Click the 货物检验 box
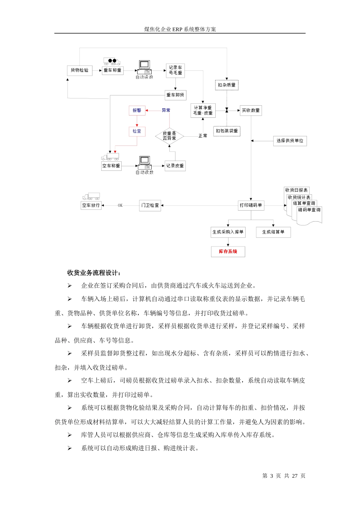pyautogui.click(x=80, y=70)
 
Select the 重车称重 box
pyautogui.click(x=113, y=70)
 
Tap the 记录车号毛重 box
pyautogui.click(x=175, y=70)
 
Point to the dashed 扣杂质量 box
pyautogui.click(x=227, y=85)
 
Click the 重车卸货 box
pyautogui.click(x=175, y=95)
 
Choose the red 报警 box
pyautogui.click(x=137, y=111)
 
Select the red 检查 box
pyautogui.click(x=137, y=131)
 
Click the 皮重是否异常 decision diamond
pyautogui.click(x=169, y=136)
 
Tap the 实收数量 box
pyautogui.click(x=251, y=111)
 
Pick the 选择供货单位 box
pyautogui.click(x=290, y=141)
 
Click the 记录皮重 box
pyautogui.click(x=175, y=166)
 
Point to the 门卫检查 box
pyautogui.click(x=150, y=206)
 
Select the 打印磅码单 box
pyautogui.click(x=251, y=206)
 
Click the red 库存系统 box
pyautogui.click(x=228, y=252)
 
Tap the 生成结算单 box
pyautogui.click(x=273, y=232)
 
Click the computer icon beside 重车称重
pyautogui.click(x=144, y=67)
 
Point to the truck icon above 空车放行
pyautogui.click(x=91, y=197)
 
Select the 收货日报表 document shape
pyautogui.click(x=296, y=190)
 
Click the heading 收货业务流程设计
pyautogui.click(x=94, y=273)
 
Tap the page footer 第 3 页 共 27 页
pyautogui.click(x=283, y=476)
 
